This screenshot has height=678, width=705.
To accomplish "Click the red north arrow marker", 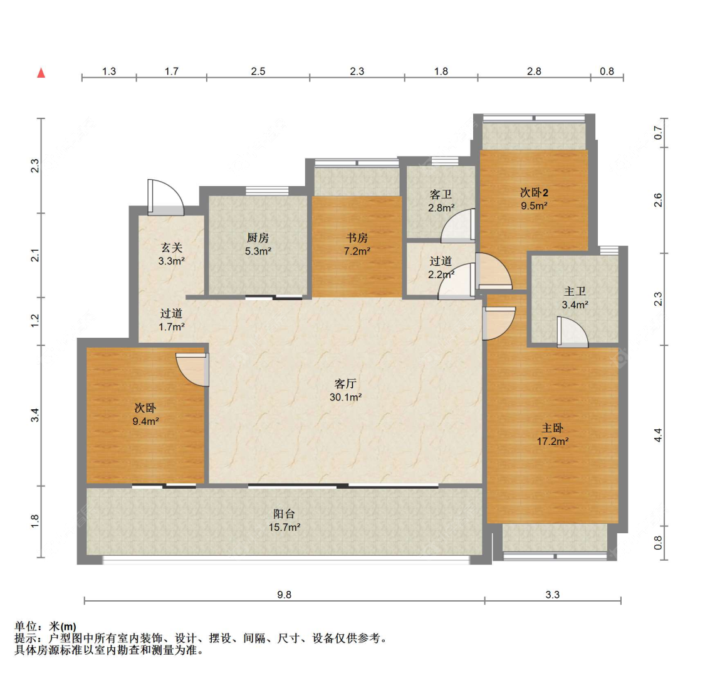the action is [x=41, y=73].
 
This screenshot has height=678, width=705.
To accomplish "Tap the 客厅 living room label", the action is [x=345, y=383].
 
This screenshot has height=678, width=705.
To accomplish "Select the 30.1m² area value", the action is [x=345, y=397].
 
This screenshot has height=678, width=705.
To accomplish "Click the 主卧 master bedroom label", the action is [x=553, y=428].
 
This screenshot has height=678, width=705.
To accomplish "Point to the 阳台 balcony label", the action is [x=284, y=513].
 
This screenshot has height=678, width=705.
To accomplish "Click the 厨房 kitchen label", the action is [x=258, y=237].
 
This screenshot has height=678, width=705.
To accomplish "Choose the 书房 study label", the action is [x=357, y=237].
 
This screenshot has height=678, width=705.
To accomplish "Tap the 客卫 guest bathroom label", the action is [x=441, y=194].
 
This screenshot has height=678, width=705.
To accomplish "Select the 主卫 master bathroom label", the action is [x=575, y=291].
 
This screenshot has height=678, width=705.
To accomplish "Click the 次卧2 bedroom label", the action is [x=534, y=192].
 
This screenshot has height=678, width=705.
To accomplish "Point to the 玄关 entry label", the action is [x=171, y=248].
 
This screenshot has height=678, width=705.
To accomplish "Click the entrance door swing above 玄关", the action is [x=165, y=197].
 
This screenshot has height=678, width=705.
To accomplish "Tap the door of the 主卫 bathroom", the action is [x=572, y=332].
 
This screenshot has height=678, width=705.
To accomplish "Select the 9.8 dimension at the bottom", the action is [x=284, y=595].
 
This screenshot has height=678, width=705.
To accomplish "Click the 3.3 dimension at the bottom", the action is [x=553, y=595].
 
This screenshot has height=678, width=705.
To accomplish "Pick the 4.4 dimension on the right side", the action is [x=658, y=435].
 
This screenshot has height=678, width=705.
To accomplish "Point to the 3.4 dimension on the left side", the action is [x=35, y=415].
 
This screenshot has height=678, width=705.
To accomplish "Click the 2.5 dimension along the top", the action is [x=258, y=71].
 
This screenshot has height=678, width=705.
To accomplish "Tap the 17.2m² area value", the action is [x=553, y=442].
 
